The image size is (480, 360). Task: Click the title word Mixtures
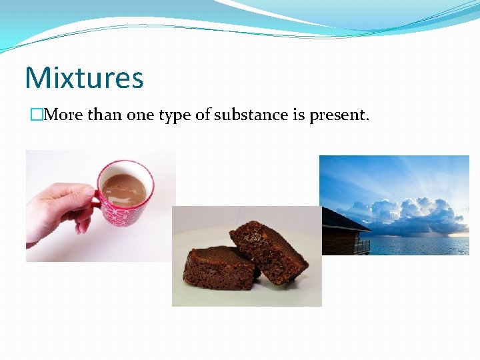tap(84, 77)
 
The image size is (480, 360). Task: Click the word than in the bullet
tap(105, 115)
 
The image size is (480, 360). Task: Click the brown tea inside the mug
tap(125, 189)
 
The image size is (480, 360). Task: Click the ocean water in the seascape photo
tap(420, 245)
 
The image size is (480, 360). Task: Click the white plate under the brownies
tap(200, 293)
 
